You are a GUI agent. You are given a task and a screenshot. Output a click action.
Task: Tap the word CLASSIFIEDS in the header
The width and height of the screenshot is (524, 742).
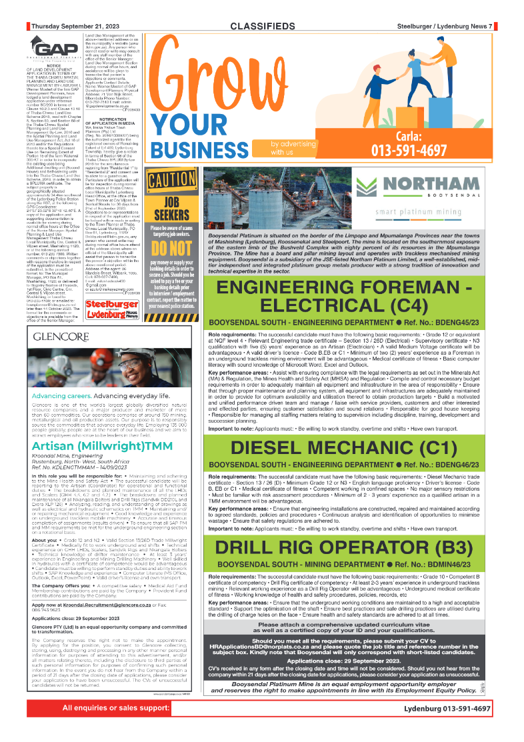[263, 26]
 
